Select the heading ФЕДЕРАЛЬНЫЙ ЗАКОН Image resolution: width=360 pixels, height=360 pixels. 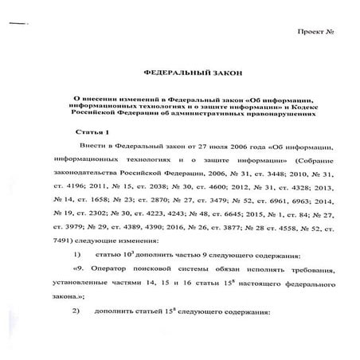click(x=179, y=71)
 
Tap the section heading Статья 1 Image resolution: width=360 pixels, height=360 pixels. click(x=95, y=129)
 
